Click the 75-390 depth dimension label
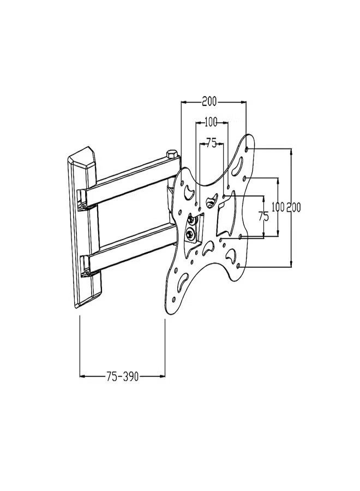123,376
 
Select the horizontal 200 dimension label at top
209,101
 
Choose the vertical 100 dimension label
278,207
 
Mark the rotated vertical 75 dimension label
263,216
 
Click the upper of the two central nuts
191,220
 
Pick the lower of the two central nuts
190,235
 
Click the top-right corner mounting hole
249,147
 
